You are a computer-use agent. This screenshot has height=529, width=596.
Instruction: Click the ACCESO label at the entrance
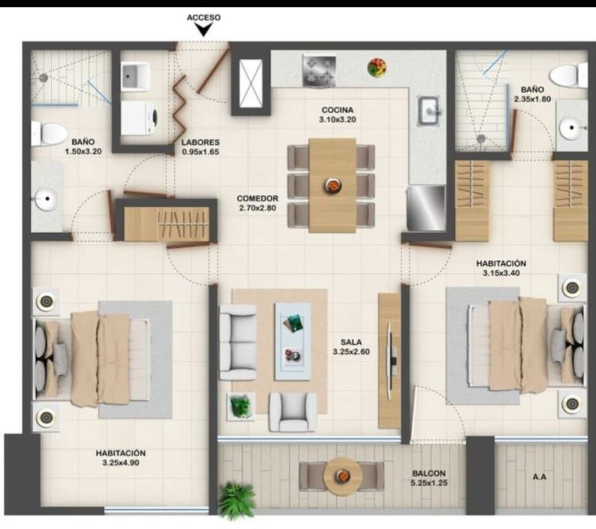(204, 18)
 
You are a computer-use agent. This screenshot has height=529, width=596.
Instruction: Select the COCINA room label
(337, 110)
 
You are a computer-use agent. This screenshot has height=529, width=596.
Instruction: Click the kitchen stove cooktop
(319, 71)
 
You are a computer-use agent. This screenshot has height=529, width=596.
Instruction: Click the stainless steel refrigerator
(426, 208)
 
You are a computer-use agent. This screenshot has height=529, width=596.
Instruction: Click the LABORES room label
(200, 142)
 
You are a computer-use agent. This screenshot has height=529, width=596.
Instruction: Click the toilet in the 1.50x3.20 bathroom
(48, 133)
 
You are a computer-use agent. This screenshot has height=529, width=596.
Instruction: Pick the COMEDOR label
(257, 198)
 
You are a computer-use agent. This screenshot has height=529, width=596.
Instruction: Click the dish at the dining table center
(334, 185)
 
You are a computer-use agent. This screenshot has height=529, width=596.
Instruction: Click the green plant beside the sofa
(241, 406)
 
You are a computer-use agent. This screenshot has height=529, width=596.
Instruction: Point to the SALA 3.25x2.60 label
(351, 347)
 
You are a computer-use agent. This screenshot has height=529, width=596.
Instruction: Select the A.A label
(540, 476)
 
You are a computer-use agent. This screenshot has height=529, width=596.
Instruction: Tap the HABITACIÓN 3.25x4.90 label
(121, 458)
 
